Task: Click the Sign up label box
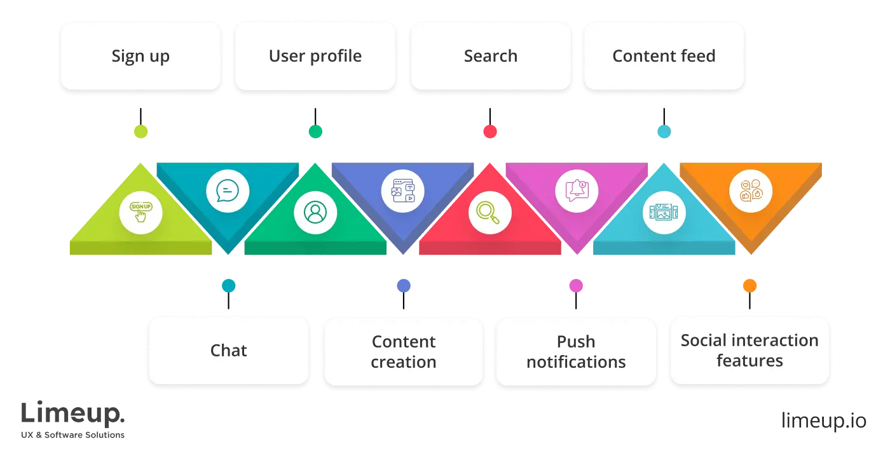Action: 140,56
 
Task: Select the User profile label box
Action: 315,56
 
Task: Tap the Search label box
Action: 490,56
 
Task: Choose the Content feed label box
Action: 664,56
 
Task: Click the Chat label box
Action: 228,351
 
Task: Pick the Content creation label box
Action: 403,351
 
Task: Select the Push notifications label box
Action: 576,351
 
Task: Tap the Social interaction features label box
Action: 750,351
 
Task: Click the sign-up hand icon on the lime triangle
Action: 140,212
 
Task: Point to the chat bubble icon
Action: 228,190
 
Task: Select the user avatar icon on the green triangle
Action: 315,212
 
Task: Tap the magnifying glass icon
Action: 489,212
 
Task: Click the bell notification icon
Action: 577,190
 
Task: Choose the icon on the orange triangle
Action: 751,190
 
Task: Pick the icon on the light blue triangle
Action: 664,212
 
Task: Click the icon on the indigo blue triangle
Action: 402,190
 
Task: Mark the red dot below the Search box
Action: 490,131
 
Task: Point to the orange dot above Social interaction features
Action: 750,286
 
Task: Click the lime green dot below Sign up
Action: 140,131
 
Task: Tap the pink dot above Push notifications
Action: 575,286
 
